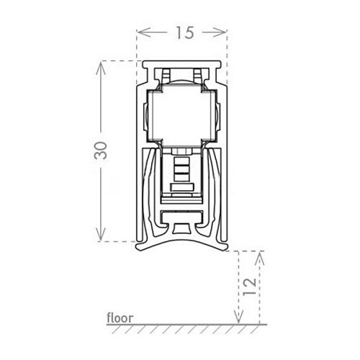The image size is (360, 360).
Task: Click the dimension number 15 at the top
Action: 182,32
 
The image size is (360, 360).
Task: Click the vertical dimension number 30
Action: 102,151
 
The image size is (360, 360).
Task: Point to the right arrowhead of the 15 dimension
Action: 225,32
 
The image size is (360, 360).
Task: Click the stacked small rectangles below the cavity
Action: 182,173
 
